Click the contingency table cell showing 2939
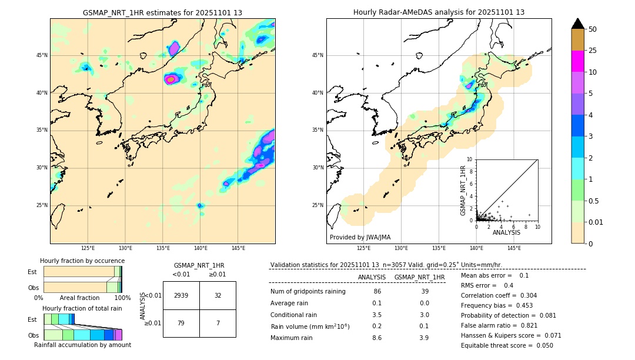click(x=181, y=295)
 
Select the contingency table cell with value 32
click(x=218, y=295)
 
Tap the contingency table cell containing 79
click(x=181, y=323)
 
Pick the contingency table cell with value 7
click(x=218, y=323)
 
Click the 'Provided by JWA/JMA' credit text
click(x=360, y=237)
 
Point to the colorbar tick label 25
click(x=593, y=51)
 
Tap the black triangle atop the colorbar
click(x=578, y=24)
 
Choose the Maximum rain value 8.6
click(x=376, y=338)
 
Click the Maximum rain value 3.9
click(x=424, y=338)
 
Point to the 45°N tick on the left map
click(x=42, y=55)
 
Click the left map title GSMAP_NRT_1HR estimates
click(x=162, y=12)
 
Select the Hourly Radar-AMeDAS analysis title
click(x=439, y=12)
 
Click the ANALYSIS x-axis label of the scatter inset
click(x=506, y=232)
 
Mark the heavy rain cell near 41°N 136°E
click(x=171, y=79)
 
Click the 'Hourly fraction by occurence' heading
click(x=82, y=261)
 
